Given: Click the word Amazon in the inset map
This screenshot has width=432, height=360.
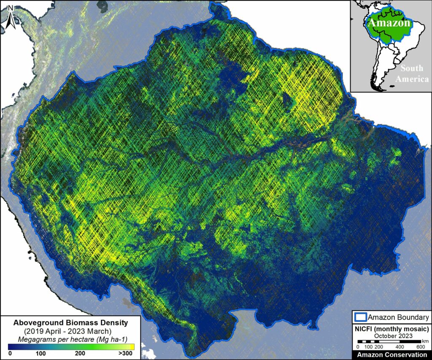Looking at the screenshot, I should tap(389, 23).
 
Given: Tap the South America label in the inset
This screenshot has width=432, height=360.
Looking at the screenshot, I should tap(414, 73).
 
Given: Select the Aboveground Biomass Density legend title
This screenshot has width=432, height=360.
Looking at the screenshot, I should tap(68, 323).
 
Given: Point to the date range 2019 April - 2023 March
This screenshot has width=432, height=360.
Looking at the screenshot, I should tap(68, 330).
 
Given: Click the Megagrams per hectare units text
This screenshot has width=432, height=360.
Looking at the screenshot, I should tap(68, 338).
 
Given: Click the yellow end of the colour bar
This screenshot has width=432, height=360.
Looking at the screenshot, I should tap(122, 346).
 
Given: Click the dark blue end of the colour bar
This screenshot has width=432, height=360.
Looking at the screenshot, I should tap(11, 346).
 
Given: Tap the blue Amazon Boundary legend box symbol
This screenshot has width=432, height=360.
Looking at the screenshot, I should tap(360, 317).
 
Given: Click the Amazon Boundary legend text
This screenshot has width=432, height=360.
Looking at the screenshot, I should tap(398, 317).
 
